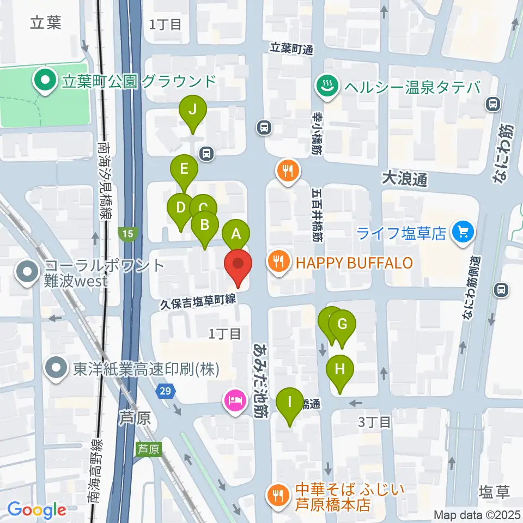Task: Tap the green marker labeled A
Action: (236, 234)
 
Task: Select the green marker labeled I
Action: (289, 404)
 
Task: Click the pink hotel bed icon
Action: (235, 402)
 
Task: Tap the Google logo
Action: (37, 510)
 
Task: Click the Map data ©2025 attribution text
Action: (477, 514)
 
